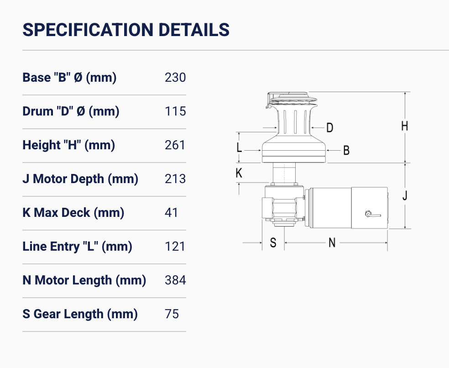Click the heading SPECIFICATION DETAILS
tap(126, 30)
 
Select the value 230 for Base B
tap(175, 77)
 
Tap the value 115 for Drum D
tap(175, 111)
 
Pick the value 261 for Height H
tap(175, 145)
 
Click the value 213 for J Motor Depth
tap(175, 179)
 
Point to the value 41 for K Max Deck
tap(171, 213)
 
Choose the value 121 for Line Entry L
tap(175, 247)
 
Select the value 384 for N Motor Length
tap(175, 280)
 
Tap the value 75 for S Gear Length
tap(172, 314)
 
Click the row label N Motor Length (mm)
tap(84, 280)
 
